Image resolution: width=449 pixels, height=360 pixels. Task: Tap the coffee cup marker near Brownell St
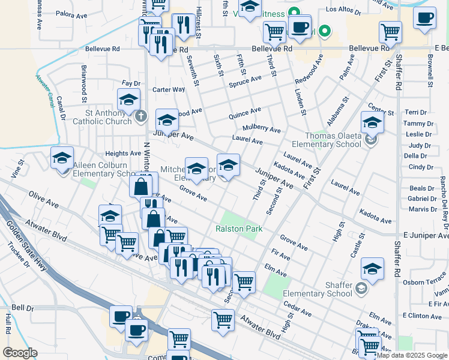pos(424,18)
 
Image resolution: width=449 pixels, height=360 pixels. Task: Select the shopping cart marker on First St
pos(390,31)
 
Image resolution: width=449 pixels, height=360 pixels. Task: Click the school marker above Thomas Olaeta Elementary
pos(372,122)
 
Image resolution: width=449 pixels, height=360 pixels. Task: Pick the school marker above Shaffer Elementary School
pos(372,271)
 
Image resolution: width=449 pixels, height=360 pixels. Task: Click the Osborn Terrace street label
pos(424,282)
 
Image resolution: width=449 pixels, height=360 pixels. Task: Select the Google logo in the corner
pos(20,353)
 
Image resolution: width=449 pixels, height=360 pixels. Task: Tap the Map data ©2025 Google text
pos(412,355)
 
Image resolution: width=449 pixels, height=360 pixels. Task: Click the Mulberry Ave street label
pos(261,129)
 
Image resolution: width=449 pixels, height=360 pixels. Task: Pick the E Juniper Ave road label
pos(424,236)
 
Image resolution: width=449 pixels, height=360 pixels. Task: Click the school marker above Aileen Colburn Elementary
pos(62,158)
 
